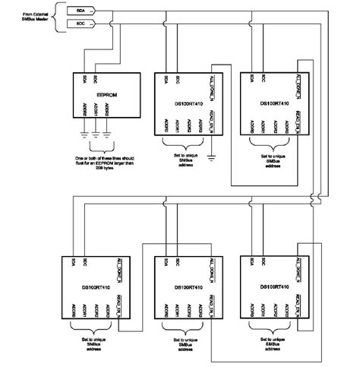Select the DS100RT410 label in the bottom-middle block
click(x=185, y=288)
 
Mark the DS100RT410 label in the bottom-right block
click(x=272, y=288)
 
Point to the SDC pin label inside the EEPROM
click(x=93, y=79)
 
